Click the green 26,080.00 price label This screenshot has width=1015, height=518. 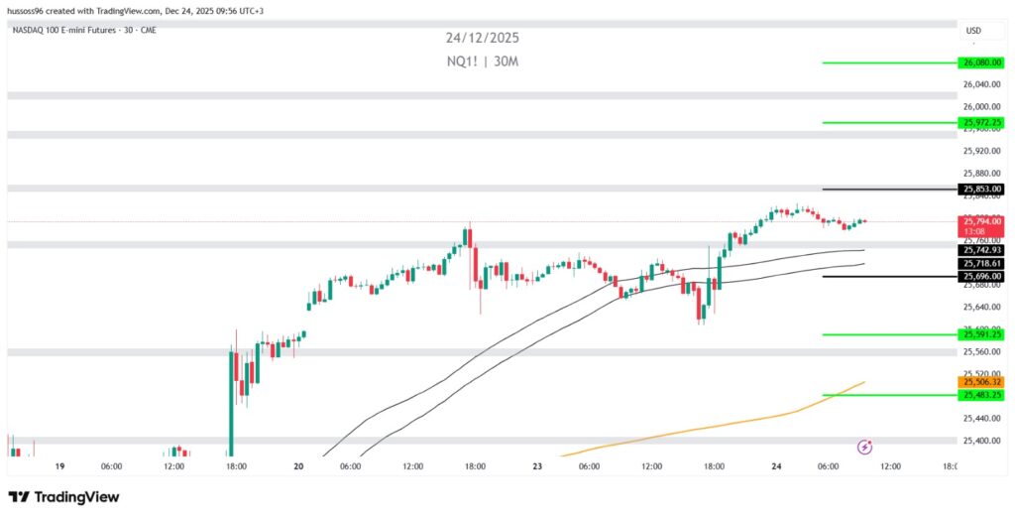[981, 63]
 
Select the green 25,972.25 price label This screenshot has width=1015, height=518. [981, 123]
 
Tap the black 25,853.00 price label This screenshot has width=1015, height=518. [981, 189]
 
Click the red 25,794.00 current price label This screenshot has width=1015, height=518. [981, 221]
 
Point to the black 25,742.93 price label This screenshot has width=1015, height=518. [981, 251]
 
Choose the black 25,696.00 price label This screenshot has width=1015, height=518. [981, 277]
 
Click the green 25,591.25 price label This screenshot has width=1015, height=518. [981, 334]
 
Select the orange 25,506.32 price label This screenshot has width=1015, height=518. [981, 382]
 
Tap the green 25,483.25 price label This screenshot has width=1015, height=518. [981, 395]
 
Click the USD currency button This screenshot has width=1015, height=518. [973, 31]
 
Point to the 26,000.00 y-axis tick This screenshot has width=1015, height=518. [981, 107]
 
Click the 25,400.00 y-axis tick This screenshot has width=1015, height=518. [981, 441]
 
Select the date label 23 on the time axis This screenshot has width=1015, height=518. [537, 465]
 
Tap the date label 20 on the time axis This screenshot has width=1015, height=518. [298, 465]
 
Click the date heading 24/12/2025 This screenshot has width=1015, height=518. [482, 39]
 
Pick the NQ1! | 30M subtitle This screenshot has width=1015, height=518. [482, 62]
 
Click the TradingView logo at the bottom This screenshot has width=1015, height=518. [63, 496]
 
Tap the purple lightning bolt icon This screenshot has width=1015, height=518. [864, 448]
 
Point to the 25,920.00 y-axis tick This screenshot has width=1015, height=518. [981, 151]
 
